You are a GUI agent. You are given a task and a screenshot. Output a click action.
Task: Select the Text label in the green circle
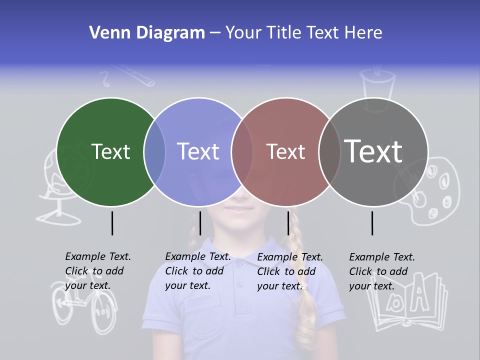tap(110, 151)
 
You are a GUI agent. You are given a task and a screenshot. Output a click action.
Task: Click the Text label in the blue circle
tap(198, 151)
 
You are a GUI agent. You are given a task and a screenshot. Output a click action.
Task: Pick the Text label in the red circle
tap(285, 151)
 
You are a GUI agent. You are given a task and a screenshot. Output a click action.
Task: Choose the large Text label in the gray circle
tap(373, 151)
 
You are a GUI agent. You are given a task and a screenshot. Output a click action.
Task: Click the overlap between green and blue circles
tap(154, 152)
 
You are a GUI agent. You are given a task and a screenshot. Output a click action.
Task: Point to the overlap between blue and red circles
tap(242, 152)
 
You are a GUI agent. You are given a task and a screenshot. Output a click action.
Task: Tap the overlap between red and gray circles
tap(329, 152)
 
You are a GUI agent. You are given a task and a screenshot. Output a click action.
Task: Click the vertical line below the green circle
tap(112, 223)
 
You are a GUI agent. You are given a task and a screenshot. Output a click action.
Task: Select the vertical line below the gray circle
tap(372, 223)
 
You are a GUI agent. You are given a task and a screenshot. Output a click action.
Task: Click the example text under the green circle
tap(98, 271)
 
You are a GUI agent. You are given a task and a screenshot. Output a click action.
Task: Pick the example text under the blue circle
tap(198, 271)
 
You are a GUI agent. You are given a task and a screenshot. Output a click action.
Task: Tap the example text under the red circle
tap(290, 271)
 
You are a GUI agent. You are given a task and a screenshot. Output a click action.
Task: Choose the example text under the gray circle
tap(382, 271)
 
